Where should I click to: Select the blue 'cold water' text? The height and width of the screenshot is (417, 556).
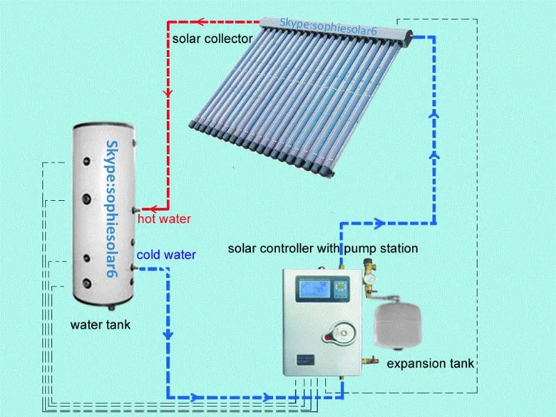[x=165, y=254]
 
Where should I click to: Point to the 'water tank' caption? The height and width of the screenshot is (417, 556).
[x=100, y=325]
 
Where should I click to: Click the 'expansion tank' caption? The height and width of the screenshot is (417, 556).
[x=430, y=363]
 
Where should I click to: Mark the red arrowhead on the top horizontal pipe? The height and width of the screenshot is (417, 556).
[x=201, y=22]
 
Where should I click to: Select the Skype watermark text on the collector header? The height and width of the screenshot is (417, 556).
[x=328, y=23]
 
